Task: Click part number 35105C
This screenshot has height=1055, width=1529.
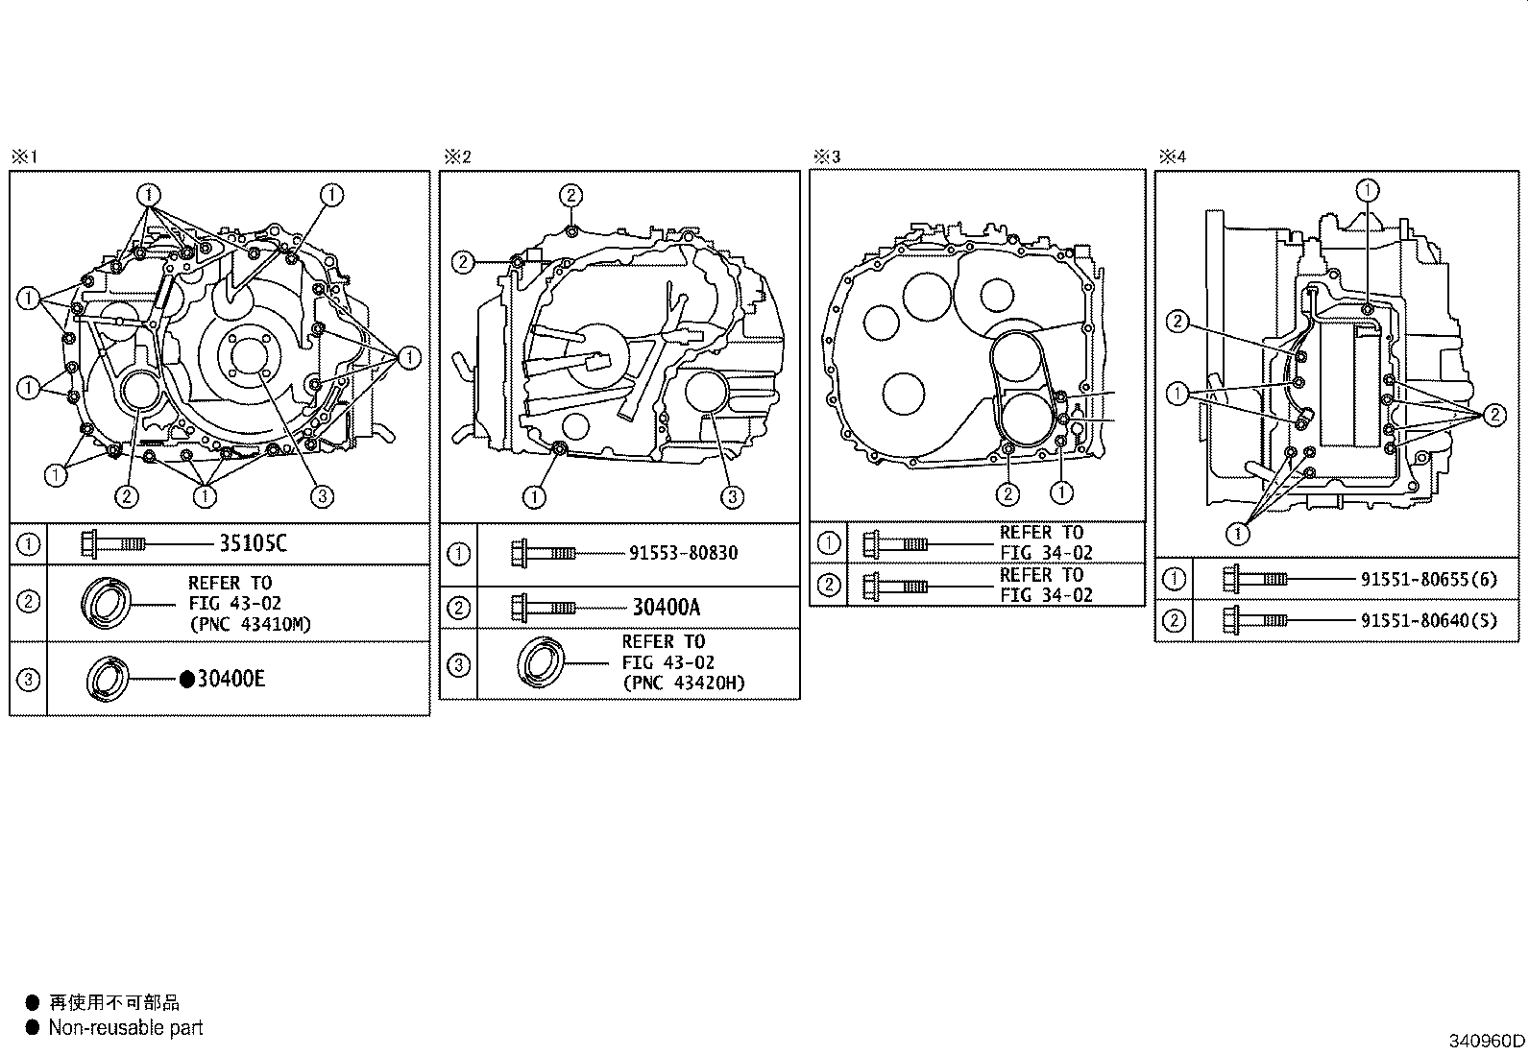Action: click(x=253, y=544)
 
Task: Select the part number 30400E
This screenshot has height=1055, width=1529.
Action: click(x=231, y=680)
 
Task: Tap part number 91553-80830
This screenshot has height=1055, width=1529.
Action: click(x=684, y=553)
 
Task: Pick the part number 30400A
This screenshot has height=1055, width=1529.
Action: click(x=667, y=607)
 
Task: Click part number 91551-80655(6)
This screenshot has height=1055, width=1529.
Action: click(x=1428, y=579)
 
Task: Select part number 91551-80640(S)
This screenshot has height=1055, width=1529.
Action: click(x=1428, y=620)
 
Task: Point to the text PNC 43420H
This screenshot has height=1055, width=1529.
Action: click(x=684, y=683)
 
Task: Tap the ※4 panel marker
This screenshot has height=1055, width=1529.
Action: click(x=1172, y=156)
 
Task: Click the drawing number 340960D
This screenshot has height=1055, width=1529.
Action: click(x=1487, y=1041)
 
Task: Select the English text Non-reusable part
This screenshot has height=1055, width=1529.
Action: click(x=126, y=1028)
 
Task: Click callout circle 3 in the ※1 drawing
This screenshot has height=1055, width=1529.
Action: click(x=322, y=496)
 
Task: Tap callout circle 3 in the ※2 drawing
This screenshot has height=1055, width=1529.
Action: click(x=732, y=496)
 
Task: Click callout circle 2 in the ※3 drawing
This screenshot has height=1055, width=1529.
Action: click(x=1007, y=494)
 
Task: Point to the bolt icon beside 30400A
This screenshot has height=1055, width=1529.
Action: click(x=543, y=607)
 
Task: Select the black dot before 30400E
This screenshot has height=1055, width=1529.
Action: click(x=187, y=680)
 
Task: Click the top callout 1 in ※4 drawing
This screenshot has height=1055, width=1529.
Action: click(x=1368, y=190)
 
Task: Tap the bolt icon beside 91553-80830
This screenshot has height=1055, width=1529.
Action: click(x=543, y=553)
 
